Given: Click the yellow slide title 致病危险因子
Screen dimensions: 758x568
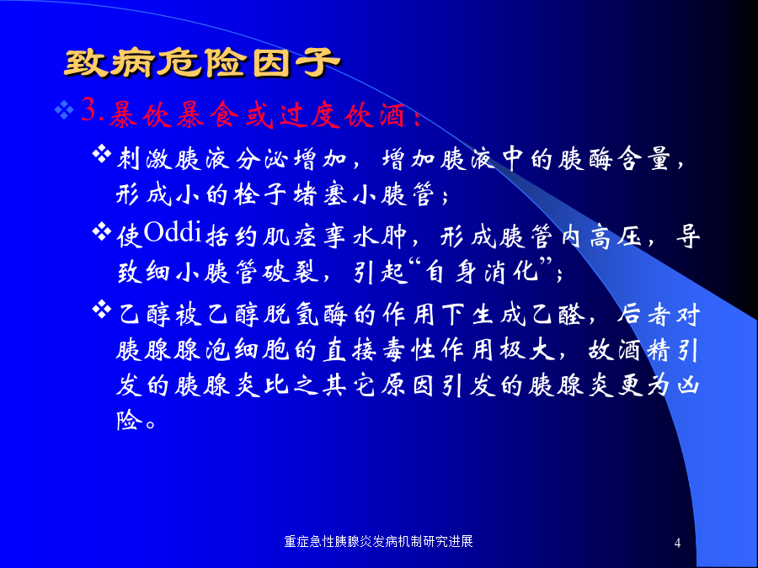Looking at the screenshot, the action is click(x=202, y=63).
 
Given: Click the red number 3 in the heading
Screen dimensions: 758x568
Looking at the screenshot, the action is click(x=88, y=110).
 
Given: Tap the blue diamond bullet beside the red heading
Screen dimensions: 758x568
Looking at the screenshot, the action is click(x=64, y=110).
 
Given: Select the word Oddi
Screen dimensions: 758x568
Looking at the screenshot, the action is click(x=172, y=232).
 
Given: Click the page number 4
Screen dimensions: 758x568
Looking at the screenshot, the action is click(x=677, y=543).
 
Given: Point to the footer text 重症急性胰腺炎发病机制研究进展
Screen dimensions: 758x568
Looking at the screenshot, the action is click(x=378, y=541).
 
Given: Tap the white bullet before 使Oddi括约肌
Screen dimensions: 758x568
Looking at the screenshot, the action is click(x=102, y=231).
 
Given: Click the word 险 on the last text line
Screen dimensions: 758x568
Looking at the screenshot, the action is click(x=129, y=420).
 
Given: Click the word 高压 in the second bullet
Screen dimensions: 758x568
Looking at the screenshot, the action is click(x=616, y=237).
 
